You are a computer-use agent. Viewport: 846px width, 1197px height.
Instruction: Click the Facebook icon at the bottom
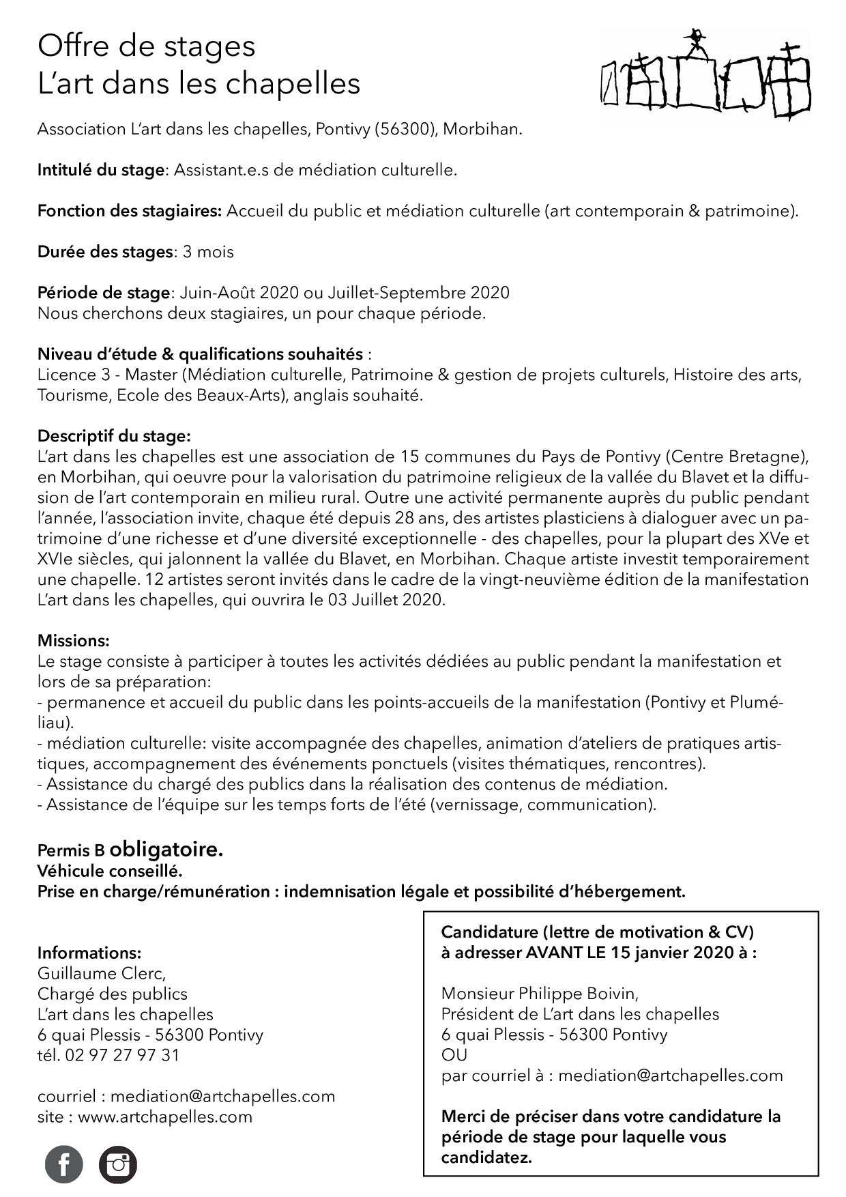tap(63, 1164)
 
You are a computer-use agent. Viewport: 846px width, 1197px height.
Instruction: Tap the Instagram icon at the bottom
tap(118, 1164)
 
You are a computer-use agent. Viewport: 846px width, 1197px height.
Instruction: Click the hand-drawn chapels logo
tap(705, 75)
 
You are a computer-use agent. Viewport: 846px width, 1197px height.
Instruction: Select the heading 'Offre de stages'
tap(147, 46)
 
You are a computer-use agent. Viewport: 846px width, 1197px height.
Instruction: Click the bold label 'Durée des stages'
tap(104, 252)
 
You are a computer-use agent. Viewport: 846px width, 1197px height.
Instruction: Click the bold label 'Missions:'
tap(73, 641)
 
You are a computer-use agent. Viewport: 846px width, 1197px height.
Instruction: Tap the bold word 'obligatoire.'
tap(166, 850)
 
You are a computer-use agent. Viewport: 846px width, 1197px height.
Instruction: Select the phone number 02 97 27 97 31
tap(122, 1055)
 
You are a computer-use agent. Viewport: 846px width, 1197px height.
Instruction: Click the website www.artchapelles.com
tap(165, 1116)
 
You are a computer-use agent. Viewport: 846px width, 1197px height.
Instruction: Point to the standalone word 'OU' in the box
tap(454, 1055)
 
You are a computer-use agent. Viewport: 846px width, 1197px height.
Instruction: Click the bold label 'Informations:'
tap(89, 953)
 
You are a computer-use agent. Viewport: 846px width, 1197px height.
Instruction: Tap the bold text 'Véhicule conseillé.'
tap(110, 871)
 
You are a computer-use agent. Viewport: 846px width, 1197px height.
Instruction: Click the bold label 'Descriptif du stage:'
tap(114, 436)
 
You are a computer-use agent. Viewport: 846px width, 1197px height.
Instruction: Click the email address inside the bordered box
tap(671, 1076)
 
